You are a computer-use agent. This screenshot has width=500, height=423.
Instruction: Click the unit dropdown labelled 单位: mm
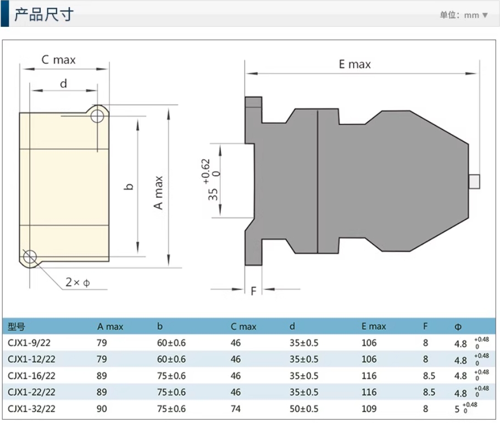click(x=463, y=15)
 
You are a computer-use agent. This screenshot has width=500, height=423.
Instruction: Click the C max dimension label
click(x=59, y=59)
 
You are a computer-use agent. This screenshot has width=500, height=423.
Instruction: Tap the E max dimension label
click(x=354, y=64)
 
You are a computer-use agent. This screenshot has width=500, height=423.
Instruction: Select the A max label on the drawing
click(x=159, y=193)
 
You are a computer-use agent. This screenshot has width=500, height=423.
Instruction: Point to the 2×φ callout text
click(x=77, y=282)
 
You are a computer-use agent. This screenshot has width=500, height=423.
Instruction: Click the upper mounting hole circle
click(x=97, y=115)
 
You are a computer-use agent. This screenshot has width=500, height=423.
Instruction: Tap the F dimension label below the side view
click(x=253, y=291)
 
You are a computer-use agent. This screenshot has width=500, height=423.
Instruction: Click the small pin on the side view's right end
click(x=474, y=181)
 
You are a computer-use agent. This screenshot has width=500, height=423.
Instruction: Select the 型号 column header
click(x=16, y=327)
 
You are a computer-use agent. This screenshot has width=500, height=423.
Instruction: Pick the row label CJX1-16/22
click(x=31, y=376)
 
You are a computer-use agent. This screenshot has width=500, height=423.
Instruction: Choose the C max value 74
click(x=236, y=409)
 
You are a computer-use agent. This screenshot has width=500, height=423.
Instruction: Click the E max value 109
click(x=369, y=409)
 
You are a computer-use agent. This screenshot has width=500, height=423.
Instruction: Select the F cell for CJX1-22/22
click(x=429, y=393)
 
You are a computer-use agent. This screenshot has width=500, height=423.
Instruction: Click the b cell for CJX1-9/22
click(x=171, y=343)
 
